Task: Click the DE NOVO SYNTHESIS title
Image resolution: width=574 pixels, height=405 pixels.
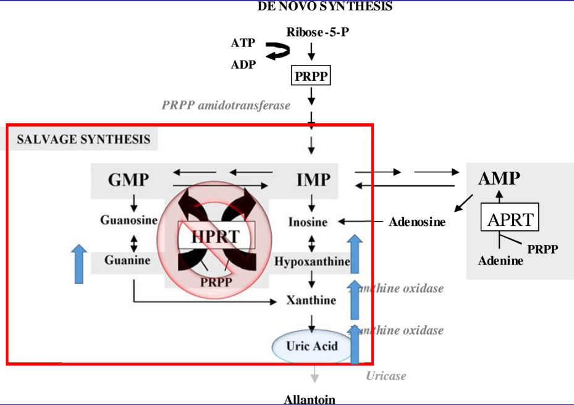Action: coord(324,7)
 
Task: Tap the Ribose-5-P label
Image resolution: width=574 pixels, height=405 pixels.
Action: coord(317,31)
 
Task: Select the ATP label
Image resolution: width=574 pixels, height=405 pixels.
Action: coord(243,43)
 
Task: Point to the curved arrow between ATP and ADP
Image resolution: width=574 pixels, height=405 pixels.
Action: coord(277,51)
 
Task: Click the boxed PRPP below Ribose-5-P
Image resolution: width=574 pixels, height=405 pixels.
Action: coord(311,77)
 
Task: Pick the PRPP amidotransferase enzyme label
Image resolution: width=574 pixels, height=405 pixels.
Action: coord(226,106)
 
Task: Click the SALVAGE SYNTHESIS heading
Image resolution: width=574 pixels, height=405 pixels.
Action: coord(83,139)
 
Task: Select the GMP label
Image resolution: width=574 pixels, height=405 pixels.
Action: coord(129,180)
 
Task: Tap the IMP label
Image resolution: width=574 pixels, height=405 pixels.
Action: coord(313,180)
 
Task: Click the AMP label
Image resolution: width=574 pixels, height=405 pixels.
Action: coord(499,178)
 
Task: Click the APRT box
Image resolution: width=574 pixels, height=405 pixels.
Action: coord(510,219)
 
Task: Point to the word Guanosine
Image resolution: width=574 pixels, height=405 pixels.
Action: coord(130,220)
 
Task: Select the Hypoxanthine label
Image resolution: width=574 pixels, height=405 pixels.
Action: coord(312,261)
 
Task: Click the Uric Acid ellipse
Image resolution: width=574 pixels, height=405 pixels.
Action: coord(312,346)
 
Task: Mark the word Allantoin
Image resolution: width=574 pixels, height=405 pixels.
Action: coord(310,399)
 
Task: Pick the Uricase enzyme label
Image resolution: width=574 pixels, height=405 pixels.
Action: coord(386,375)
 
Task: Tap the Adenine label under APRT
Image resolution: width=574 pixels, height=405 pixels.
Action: coord(500,261)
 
